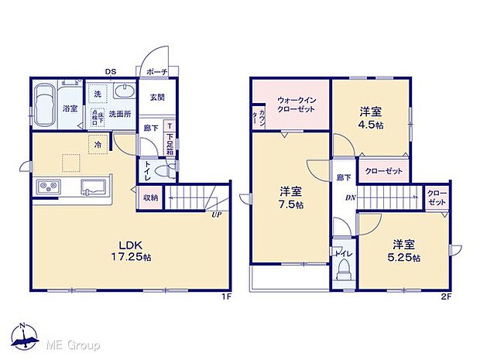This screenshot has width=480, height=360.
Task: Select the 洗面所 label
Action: coord(122,113)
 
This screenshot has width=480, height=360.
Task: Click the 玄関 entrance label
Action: coord(158,96)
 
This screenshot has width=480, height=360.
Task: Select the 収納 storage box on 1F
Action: coord(150,198)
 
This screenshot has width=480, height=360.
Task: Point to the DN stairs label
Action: coord(350,198)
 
